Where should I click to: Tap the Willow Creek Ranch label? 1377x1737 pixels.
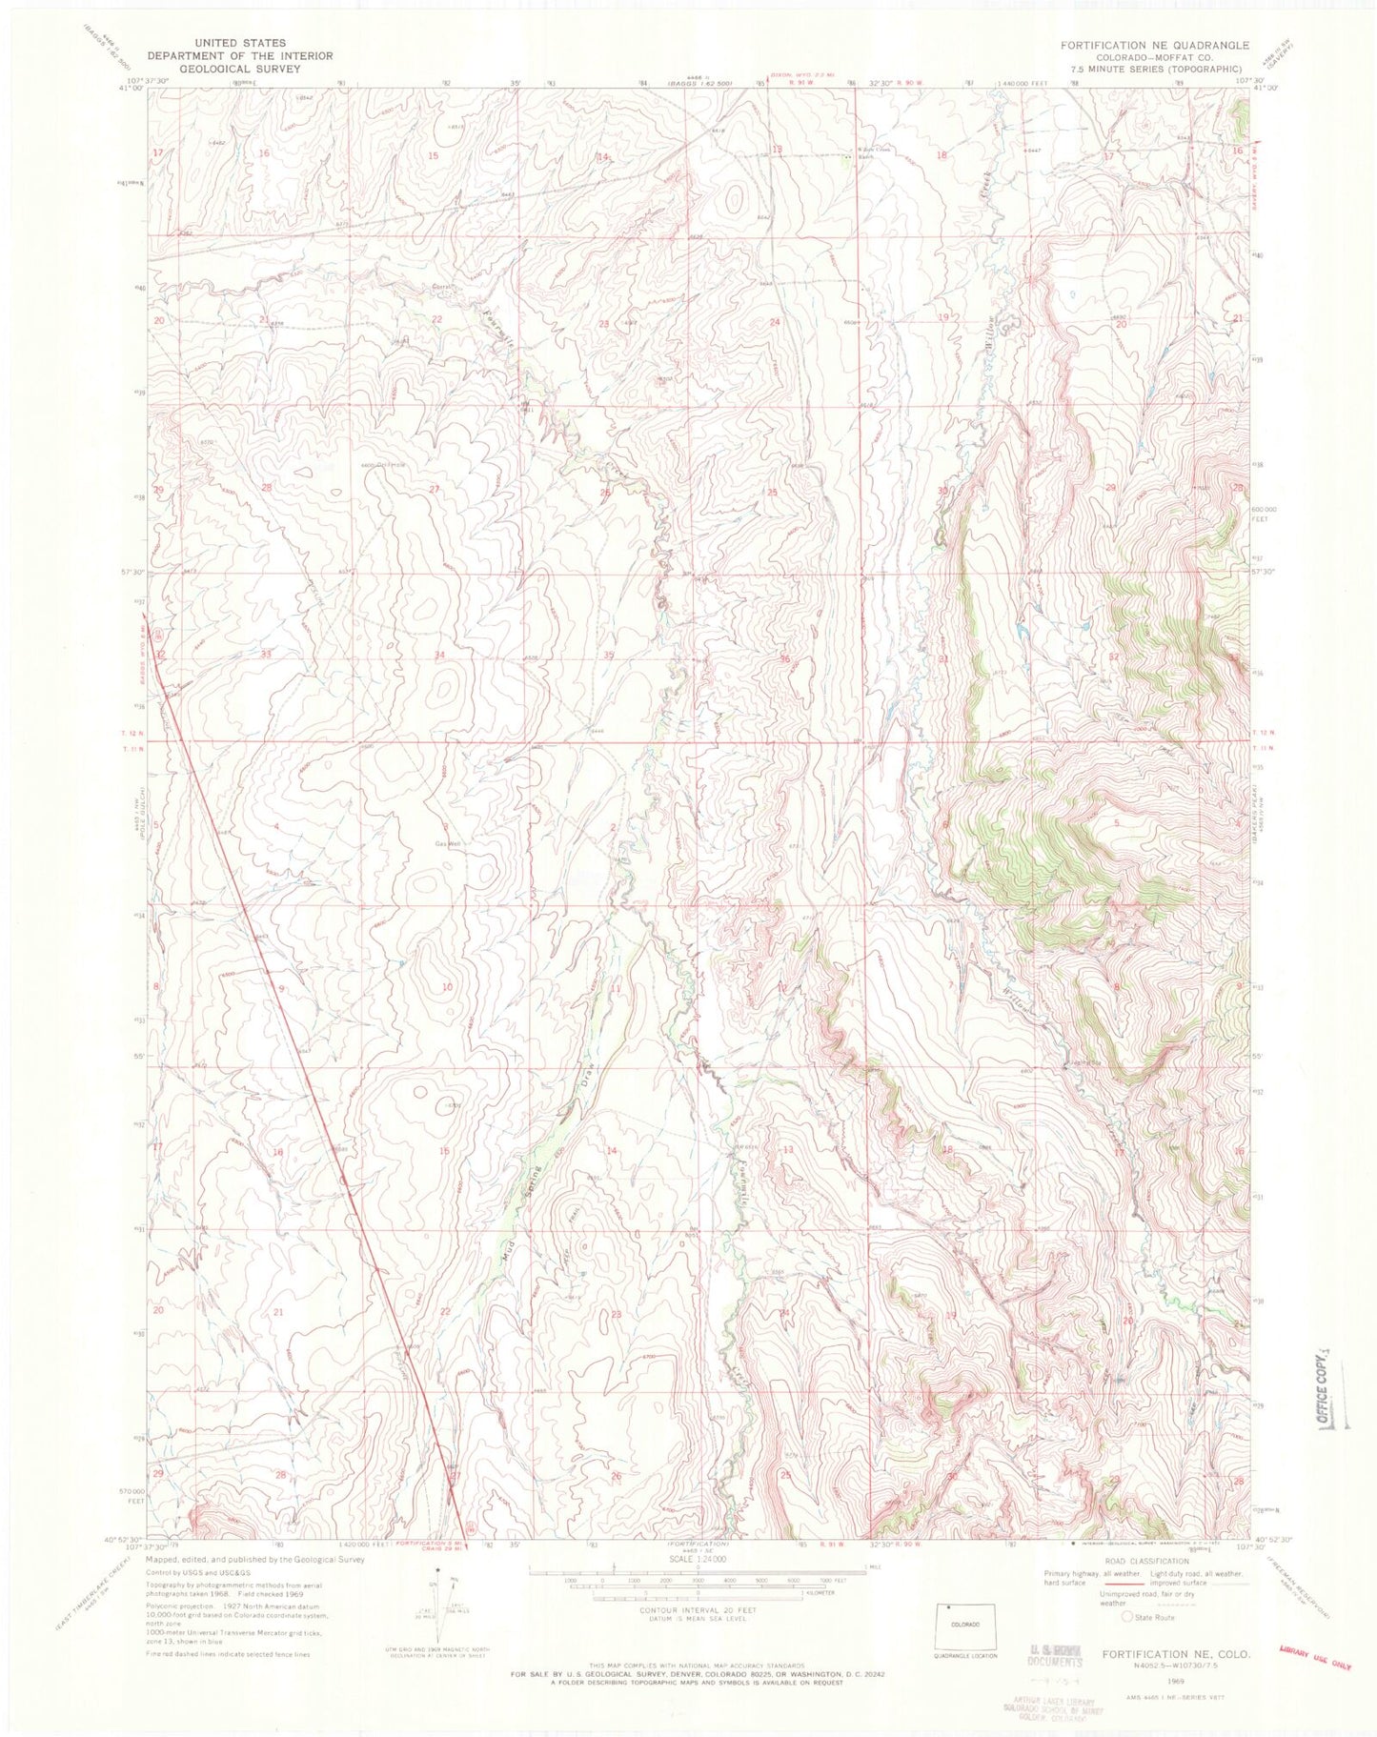(x=865, y=155)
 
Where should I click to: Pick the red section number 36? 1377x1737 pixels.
(x=784, y=659)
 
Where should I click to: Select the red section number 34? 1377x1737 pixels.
(x=439, y=655)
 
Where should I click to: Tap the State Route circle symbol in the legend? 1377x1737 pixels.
(x=1128, y=1617)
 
